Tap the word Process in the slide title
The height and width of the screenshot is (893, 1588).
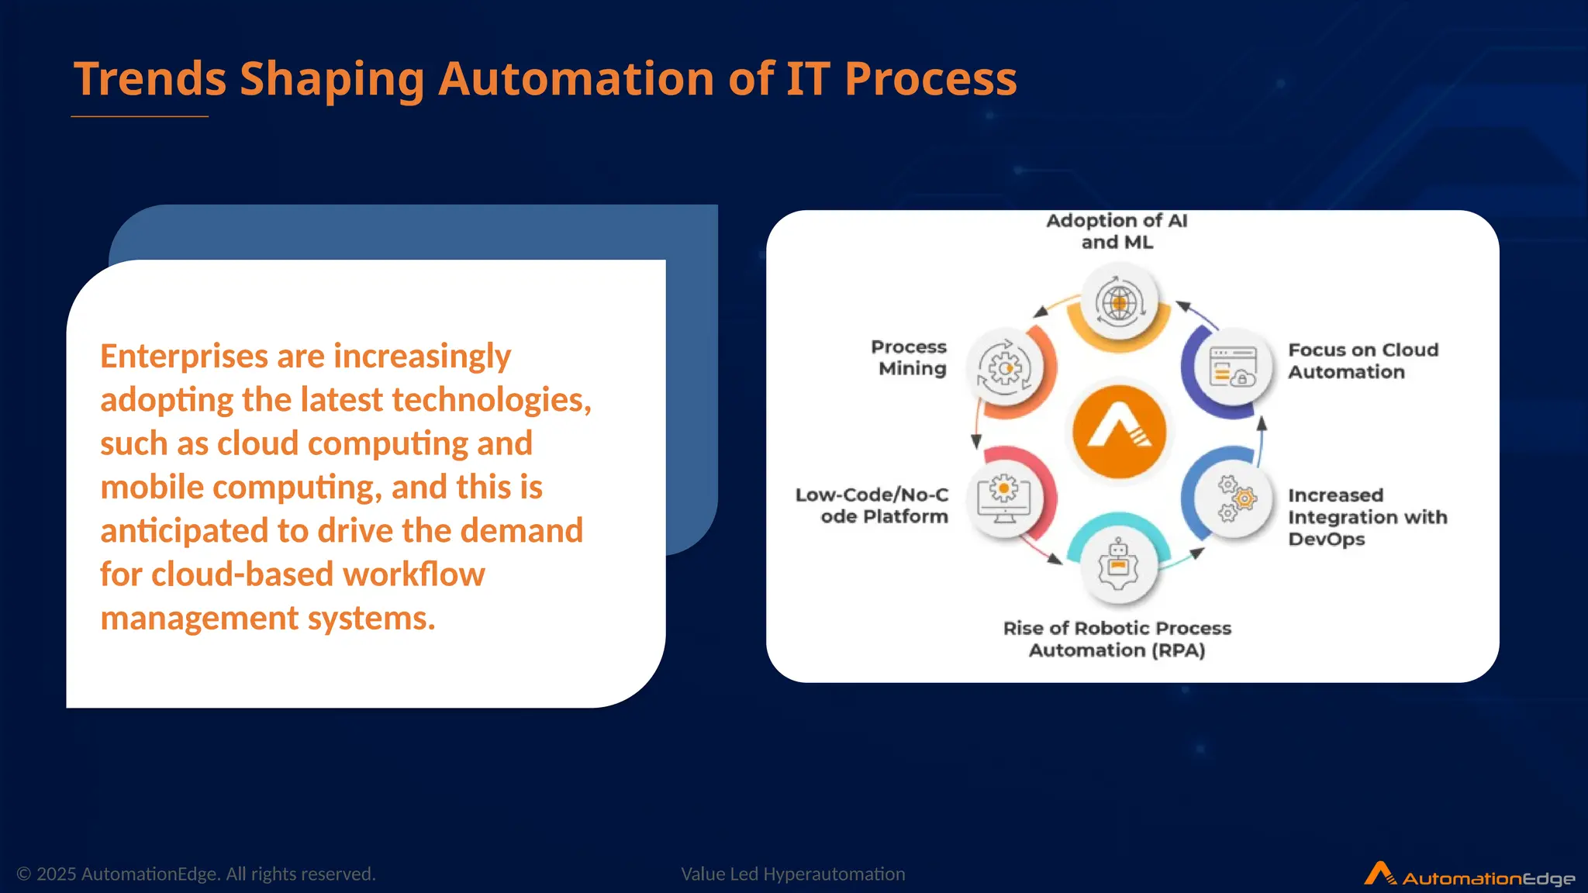click(x=930, y=79)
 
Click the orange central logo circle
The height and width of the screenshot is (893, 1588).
click(x=1119, y=432)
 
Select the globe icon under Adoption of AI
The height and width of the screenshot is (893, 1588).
click(x=1119, y=302)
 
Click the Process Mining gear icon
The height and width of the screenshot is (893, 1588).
click(x=1005, y=368)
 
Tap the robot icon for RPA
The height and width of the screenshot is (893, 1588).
click(x=1118, y=565)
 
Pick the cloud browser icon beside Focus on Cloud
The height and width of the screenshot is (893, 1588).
click(x=1233, y=367)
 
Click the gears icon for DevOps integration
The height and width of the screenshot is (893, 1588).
click(x=1235, y=498)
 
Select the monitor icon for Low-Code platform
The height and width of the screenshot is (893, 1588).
click(x=1004, y=498)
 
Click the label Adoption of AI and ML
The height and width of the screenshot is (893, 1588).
click(x=1117, y=231)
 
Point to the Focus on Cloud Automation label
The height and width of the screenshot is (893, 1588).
click(x=1362, y=360)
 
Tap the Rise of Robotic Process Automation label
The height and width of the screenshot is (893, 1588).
click(x=1117, y=639)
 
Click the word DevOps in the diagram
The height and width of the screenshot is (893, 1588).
click(x=1326, y=540)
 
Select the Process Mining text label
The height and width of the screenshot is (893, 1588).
click(x=910, y=357)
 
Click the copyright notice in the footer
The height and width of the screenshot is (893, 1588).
click(x=196, y=874)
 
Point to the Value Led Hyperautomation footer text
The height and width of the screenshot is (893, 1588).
click(x=792, y=874)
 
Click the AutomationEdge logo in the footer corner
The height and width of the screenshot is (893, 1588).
click(x=1469, y=875)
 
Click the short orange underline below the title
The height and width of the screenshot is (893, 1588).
click(x=140, y=116)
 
